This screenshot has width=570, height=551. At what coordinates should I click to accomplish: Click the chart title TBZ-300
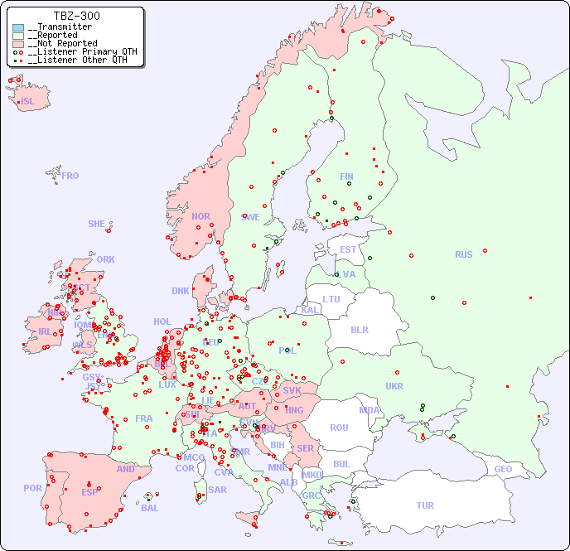click(x=76, y=16)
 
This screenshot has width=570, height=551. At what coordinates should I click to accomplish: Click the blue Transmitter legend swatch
click(x=18, y=27)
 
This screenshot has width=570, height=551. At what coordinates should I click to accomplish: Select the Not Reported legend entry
click(x=62, y=43)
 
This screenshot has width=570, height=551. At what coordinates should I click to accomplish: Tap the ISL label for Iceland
click(x=28, y=102)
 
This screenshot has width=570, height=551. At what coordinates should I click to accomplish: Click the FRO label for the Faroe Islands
click(x=70, y=176)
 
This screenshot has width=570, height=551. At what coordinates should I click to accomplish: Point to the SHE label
click(x=96, y=224)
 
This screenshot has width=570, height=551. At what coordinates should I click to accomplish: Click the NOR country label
click(x=200, y=216)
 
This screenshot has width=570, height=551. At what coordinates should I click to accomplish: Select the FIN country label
click(x=346, y=176)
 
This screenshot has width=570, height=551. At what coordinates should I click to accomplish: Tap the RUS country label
click(x=463, y=254)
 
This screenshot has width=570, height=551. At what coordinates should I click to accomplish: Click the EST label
click(x=348, y=249)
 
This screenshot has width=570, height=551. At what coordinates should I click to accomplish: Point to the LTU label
click(x=331, y=299)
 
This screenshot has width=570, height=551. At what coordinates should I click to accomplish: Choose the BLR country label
click(x=359, y=329)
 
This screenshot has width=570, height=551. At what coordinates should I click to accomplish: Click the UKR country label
click(x=394, y=386)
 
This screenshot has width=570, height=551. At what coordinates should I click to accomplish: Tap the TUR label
click(x=424, y=505)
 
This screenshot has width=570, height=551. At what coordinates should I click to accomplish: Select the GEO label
click(x=503, y=469)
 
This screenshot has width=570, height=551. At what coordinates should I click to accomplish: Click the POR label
click(x=32, y=488)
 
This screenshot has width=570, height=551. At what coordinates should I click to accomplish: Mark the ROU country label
click(x=339, y=428)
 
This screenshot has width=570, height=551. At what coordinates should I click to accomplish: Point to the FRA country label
click(x=144, y=418)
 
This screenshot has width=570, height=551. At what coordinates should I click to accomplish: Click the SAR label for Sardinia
click(x=217, y=490)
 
